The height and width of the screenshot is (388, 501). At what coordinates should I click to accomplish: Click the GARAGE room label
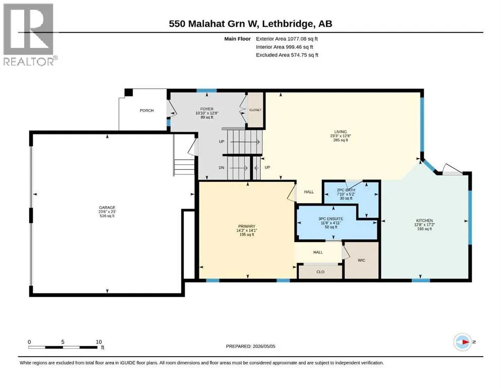point(107,208)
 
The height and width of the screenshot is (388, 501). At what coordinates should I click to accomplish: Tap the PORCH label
point(147,110)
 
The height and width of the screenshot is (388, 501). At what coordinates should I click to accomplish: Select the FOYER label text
point(207,109)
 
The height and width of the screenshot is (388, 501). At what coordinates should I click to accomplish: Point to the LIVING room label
point(341,132)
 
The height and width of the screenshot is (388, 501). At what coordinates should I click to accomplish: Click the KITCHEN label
point(424,220)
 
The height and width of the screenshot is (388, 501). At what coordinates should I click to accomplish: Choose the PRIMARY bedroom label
point(247,226)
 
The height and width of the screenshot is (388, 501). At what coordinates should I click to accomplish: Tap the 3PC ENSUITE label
point(330,219)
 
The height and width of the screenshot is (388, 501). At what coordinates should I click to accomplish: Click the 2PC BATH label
point(346,190)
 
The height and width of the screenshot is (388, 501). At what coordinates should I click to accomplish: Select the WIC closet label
point(361,260)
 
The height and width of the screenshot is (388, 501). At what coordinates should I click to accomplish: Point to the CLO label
point(320,272)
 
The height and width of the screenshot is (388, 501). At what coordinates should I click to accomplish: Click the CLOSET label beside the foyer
point(255,110)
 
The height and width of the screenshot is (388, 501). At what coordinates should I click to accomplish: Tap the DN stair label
point(221,168)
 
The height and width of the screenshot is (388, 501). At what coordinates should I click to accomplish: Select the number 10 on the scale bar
point(99,342)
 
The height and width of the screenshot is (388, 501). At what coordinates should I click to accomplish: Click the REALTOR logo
point(29,35)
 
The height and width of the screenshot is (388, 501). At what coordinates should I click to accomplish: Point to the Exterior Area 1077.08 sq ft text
point(287,39)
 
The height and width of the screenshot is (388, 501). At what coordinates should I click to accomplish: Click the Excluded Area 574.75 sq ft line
point(287,55)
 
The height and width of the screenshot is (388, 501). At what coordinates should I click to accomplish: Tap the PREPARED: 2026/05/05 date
point(250,346)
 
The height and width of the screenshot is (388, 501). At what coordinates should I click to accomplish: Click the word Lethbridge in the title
point(288,24)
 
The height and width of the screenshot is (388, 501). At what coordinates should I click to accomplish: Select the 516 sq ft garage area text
point(107,216)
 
